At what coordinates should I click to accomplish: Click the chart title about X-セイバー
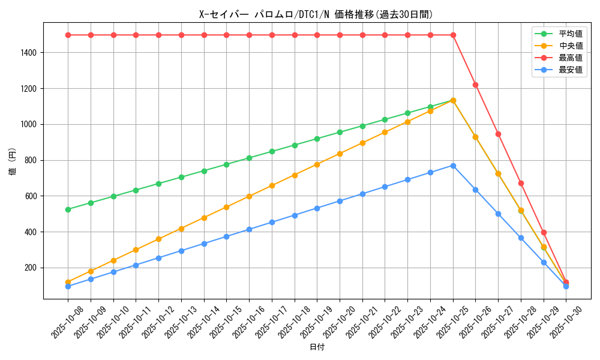click(316, 14)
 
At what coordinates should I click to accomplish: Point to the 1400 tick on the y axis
click(29, 53)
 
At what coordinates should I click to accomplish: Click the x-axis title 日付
click(316, 347)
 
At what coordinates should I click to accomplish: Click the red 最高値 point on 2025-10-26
click(475, 85)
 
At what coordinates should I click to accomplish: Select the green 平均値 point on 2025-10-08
click(68, 209)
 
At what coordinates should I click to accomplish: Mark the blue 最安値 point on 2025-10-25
click(453, 166)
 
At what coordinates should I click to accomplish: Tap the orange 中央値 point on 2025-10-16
click(249, 196)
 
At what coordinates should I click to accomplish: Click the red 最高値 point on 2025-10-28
click(521, 183)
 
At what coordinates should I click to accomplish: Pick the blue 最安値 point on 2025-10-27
click(498, 214)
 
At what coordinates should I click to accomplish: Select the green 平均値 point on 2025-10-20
click(340, 132)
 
